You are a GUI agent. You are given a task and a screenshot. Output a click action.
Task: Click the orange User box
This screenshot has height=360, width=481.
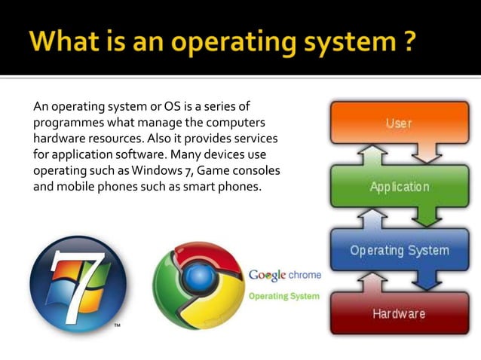click(399, 123)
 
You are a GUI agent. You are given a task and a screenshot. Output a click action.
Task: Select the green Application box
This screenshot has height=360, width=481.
click(399, 186)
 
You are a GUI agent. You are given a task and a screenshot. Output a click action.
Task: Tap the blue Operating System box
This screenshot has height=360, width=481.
click(399, 251)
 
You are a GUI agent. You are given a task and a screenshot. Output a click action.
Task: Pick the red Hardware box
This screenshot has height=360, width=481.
click(399, 313)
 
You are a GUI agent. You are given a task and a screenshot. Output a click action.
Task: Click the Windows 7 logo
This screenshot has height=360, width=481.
click(78, 284)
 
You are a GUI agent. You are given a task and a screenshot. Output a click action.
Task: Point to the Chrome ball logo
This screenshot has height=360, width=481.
click(198, 284)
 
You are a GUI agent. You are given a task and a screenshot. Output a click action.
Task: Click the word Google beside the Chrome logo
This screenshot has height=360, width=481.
click(266, 275)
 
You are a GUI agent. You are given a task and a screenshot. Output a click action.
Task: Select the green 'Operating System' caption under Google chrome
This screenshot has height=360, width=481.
click(284, 296)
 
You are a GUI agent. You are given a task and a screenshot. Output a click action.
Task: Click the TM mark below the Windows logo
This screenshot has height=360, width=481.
click(118, 326)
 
